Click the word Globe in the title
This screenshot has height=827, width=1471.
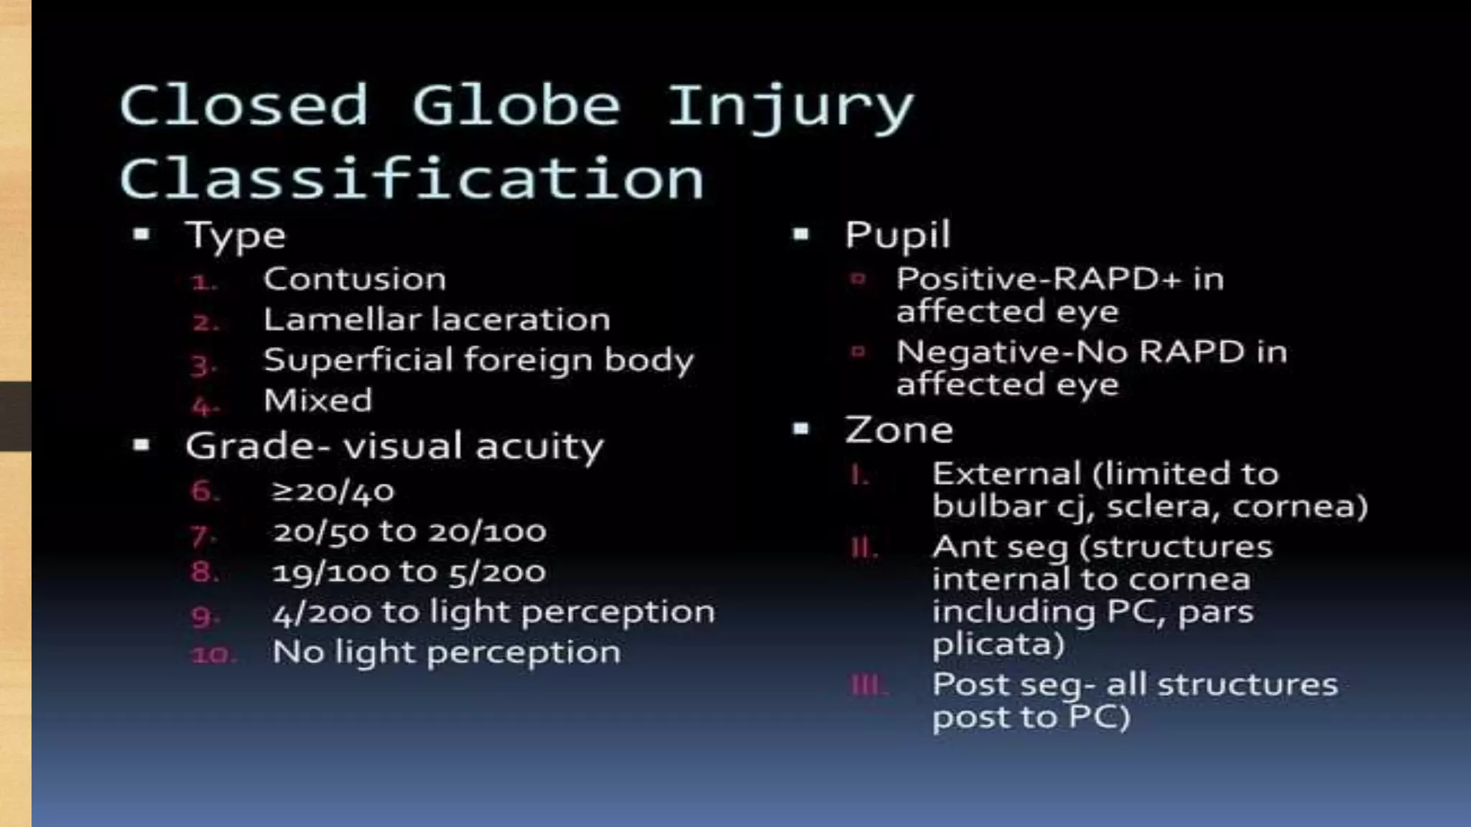516,106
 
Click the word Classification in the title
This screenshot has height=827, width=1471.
412,178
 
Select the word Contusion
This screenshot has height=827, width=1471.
355,279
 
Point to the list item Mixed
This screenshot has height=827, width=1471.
318,401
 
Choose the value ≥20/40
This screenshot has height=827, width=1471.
333,492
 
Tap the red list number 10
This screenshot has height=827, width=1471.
213,655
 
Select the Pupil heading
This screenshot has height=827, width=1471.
897,235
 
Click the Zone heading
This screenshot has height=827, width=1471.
899,430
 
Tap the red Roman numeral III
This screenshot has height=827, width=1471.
868,686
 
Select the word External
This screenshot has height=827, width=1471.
1006,474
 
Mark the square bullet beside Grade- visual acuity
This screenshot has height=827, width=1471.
141,446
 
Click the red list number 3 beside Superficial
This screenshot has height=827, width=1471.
203,365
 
